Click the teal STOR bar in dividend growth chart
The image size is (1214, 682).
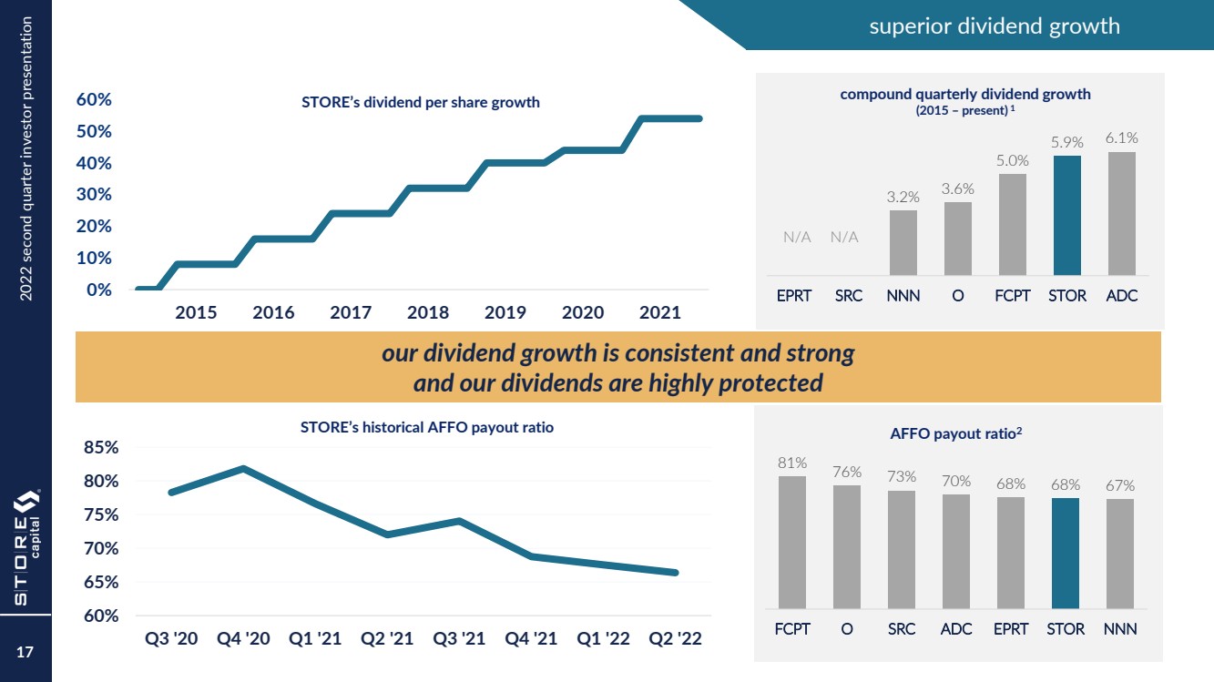pos(1066,216)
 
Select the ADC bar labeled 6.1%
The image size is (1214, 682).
pos(1121,214)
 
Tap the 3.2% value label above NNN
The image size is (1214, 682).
pos(903,196)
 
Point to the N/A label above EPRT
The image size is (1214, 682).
pos(797,237)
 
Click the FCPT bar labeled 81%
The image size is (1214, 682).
pos(792,542)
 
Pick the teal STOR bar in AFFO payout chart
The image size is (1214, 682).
pos(1066,553)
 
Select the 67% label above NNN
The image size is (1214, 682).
pos(1120,485)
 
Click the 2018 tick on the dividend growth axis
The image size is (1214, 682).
pos(428,312)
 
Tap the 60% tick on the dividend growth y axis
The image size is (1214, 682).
pos(93,99)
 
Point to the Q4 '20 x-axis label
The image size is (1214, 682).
pos(243,638)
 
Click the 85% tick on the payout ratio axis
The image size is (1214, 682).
pos(101,448)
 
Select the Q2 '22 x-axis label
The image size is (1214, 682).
pos(675,638)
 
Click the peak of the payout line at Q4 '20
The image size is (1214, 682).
pos(243,468)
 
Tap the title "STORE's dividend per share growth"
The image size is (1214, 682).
pos(420,102)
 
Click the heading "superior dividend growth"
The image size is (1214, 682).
pos(994,25)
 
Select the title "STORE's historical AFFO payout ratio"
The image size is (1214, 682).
pos(426,427)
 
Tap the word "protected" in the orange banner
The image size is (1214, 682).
pos(770,383)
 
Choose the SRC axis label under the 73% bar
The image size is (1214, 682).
pos(902,629)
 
